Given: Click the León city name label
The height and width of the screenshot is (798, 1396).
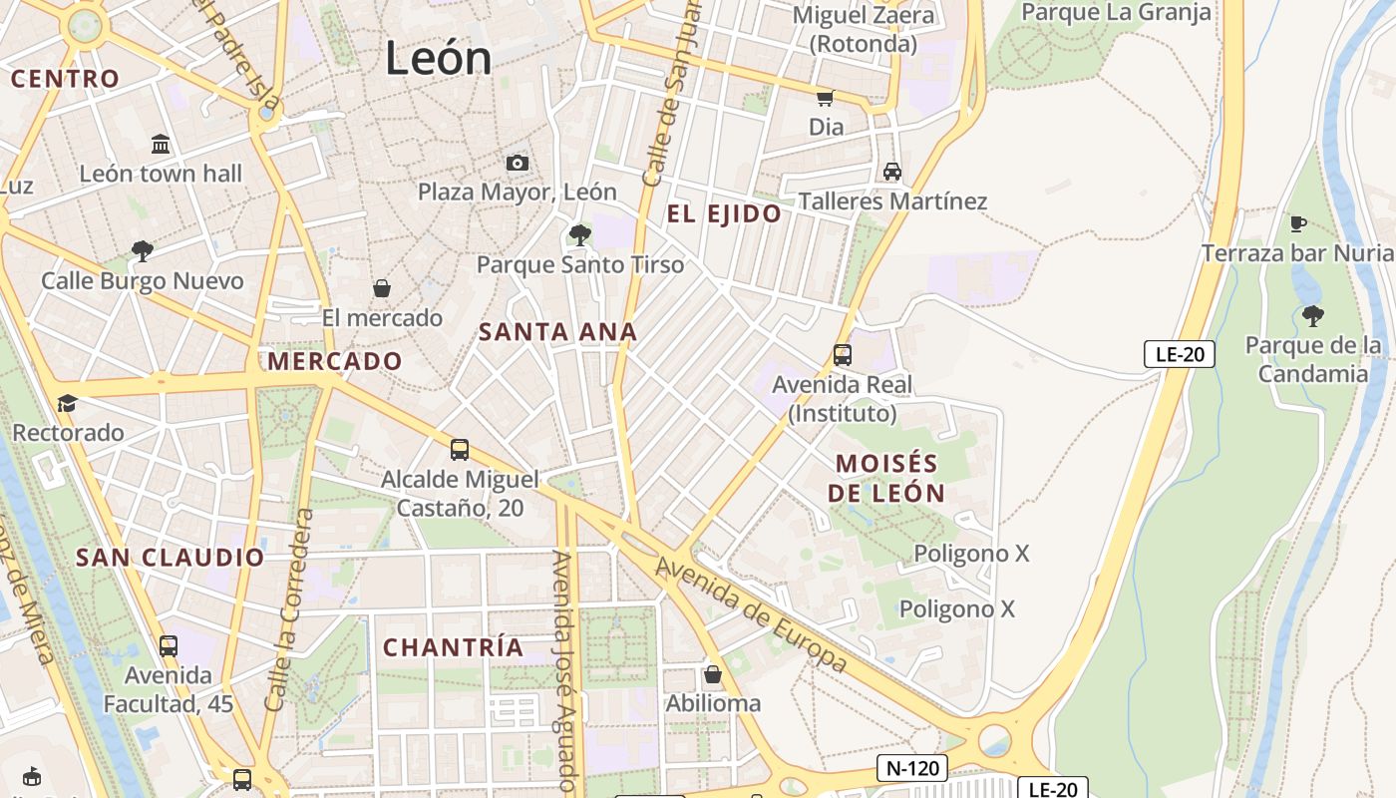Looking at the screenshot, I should pyautogui.click(x=438, y=58).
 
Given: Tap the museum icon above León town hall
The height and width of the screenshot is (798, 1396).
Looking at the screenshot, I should pyautogui.click(x=161, y=145).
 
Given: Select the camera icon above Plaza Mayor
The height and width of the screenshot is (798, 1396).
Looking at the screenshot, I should pyautogui.click(x=517, y=163).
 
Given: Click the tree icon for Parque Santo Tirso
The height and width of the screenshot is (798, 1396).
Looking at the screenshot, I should pyautogui.click(x=579, y=235).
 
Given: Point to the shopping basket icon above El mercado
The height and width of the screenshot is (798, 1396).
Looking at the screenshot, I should pyautogui.click(x=381, y=289).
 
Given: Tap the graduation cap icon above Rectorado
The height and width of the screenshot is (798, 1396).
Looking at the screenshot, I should pyautogui.click(x=67, y=403).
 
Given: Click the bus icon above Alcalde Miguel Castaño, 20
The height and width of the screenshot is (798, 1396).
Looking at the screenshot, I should pyautogui.click(x=459, y=450).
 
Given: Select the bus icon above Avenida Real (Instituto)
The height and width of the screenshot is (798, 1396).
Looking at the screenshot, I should pyautogui.click(x=842, y=355).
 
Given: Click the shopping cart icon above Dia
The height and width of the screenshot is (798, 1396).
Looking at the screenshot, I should pyautogui.click(x=825, y=98).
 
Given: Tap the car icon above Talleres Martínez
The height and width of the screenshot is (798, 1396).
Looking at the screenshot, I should pyautogui.click(x=891, y=172).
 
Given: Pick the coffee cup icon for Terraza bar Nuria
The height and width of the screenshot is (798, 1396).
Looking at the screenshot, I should pyautogui.click(x=1296, y=223).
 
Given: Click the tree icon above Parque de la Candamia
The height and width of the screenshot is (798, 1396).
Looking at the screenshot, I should pyautogui.click(x=1312, y=316).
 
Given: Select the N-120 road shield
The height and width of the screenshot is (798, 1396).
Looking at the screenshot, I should pyautogui.click(x=911, y=768).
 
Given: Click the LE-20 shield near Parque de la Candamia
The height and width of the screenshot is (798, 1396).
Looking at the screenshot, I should pyautogui.click(x=1179, y=354).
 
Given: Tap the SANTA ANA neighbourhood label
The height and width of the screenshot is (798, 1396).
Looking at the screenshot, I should pyautogui.click(x=557, y=332).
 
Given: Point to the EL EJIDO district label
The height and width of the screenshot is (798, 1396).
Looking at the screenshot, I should pyautogui.click(x=724, y=213).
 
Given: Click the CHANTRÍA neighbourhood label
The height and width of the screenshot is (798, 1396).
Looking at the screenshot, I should pyautogui.click(x=453, y=647).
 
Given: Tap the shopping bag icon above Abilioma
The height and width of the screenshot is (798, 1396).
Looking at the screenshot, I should pyautogui.click(x=712, y=674).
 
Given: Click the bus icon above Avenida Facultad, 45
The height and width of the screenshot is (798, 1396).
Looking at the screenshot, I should pyautogui.click(x=168, y=646).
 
